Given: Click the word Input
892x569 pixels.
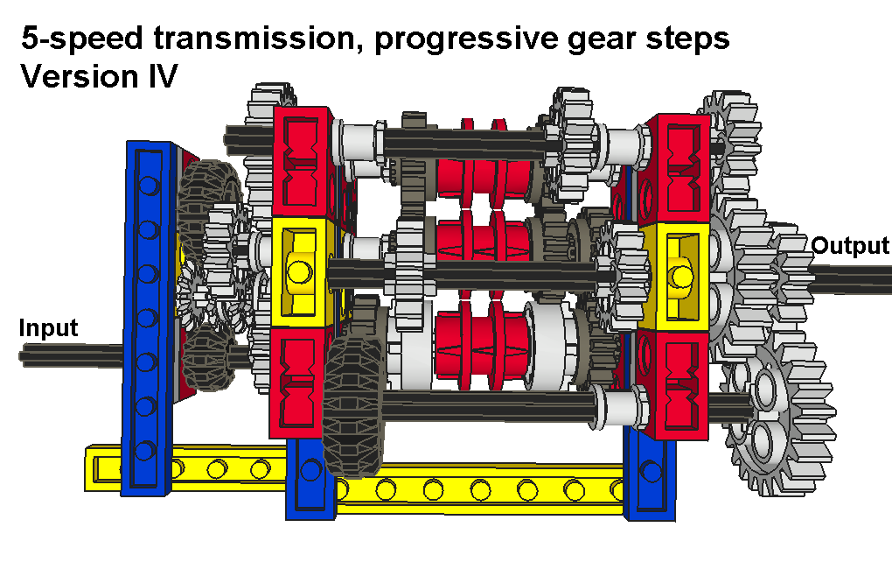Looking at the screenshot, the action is coord(48,328).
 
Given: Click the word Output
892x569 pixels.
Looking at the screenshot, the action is coord(850,246).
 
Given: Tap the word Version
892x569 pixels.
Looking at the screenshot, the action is coord(80,76).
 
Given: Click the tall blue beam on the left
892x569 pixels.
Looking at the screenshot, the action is coord(149,318).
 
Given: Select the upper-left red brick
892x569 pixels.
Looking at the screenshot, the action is coord(302,163).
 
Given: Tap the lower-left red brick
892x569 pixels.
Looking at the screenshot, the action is coord(297,383).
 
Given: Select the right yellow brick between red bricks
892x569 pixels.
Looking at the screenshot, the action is coord(676,277).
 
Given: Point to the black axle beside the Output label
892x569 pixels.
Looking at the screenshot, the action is coord(852,279).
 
